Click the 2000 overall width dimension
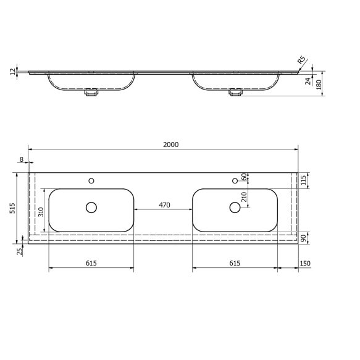click(171, 144)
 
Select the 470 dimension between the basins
click(164, 205)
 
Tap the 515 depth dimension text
click(12, 209)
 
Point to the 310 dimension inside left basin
click(40, 211)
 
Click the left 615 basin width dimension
click(91, 264)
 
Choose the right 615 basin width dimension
click(235, 264)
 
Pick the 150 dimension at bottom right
click(305, 264)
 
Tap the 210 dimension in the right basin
click(244, 197)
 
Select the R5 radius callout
click(302, 61)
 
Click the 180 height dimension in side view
click(319, 83)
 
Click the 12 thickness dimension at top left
click(12, 72)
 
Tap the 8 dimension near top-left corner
click(22, 159)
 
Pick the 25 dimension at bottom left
click(19, 251)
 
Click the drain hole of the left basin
click(91, 207)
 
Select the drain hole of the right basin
click(235, 207)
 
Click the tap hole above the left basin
click(91, 181)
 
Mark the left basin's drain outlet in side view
click(92, 93)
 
